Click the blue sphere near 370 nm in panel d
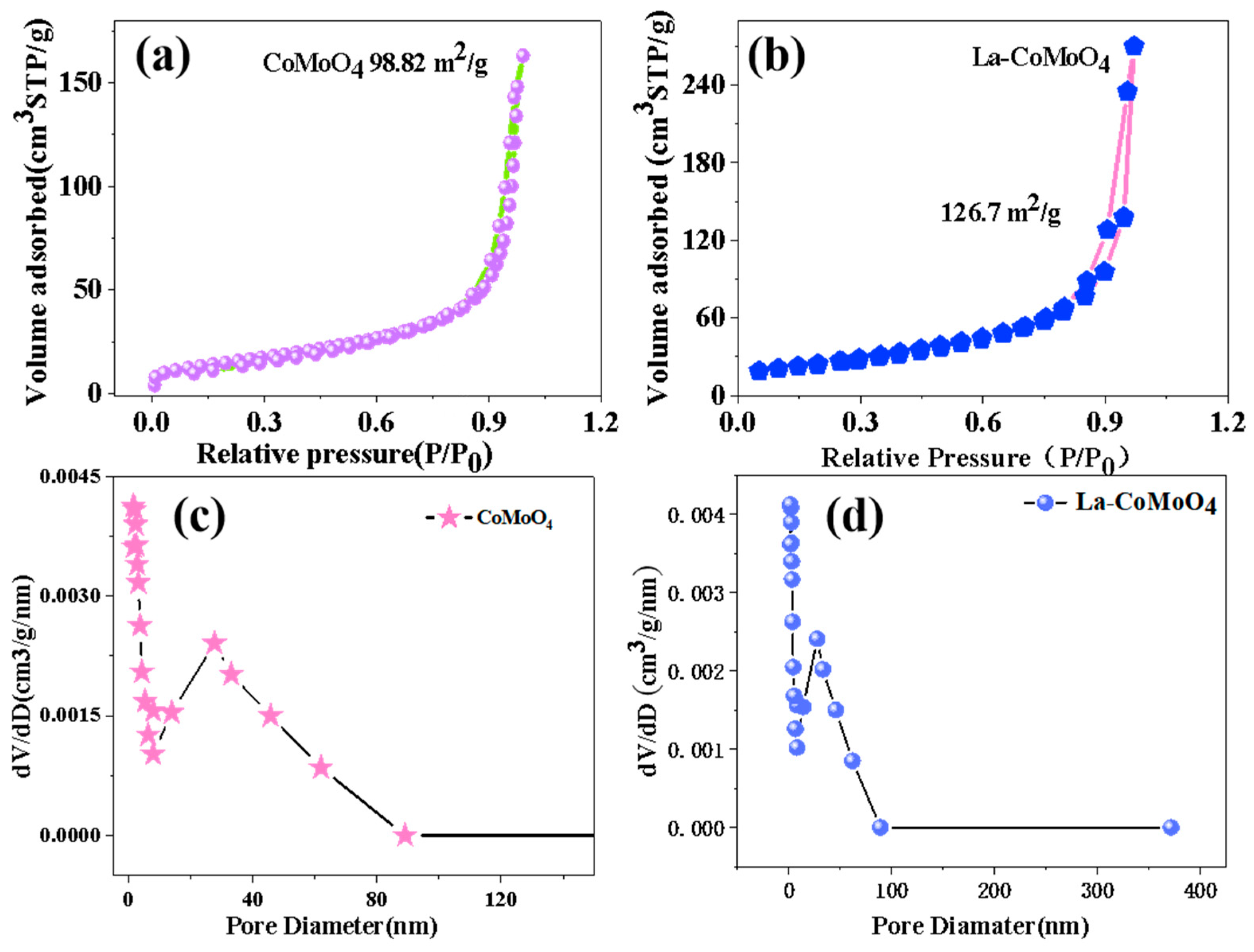(x=1171, y=827)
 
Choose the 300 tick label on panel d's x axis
(x=1097, y=892)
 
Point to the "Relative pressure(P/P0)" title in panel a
(x=344, y=455)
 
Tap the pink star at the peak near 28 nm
(x=214, y=643)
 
